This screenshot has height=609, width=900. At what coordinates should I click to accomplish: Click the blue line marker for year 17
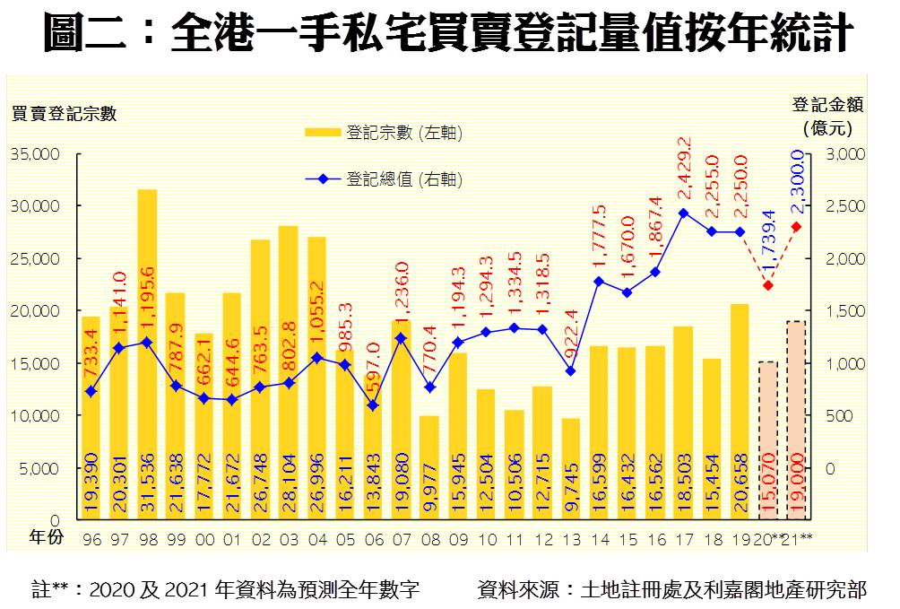coord(683,213)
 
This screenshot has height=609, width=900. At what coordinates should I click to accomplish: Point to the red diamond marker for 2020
coord(768,285)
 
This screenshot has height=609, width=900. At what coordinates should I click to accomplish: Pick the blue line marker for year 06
coord(373,405)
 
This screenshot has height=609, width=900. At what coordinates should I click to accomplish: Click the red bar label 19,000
coord(797,490)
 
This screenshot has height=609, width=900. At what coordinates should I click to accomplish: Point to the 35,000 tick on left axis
coord(35,153)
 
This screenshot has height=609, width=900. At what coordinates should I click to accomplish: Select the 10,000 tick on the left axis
coord(35,415)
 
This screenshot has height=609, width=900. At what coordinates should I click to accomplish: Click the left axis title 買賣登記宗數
coord(64,113)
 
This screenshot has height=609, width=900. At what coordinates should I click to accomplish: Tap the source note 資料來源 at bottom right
coord(672,589)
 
